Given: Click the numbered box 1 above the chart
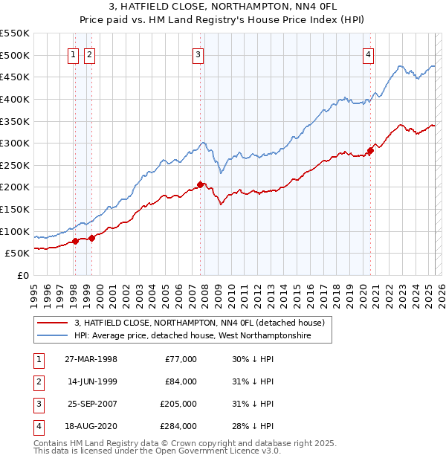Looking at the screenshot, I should click(74, 54).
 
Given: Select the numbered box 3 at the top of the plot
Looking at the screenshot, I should click(198, 54).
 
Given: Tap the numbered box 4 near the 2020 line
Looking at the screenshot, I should click(369, 54).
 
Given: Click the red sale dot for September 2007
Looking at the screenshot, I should click(201, 184).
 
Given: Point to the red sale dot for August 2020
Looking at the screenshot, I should click(370, 150).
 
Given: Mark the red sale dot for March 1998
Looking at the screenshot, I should click(75, 241).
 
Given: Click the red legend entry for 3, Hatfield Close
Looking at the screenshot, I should click(199, 323).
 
